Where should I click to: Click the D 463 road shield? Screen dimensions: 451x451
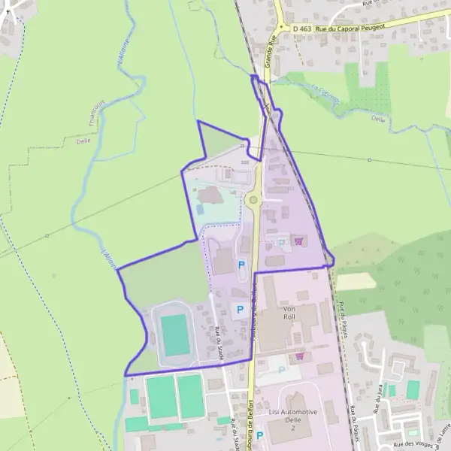point(302,29)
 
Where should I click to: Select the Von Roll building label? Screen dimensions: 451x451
point(290,313)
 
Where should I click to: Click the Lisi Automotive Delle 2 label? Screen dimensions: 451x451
point(293,421)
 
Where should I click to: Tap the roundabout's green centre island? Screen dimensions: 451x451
point(253,201)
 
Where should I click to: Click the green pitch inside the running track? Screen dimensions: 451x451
point(176,335)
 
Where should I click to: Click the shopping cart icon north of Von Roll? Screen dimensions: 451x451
point(299,241)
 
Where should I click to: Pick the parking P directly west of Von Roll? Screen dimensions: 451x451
point(241,309)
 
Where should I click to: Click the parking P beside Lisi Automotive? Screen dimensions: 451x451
point(259,435)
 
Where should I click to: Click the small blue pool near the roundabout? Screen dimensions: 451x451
point(199,209)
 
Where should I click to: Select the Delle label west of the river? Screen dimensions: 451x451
point(83,141)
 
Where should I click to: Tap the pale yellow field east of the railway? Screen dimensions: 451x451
point(356,280)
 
